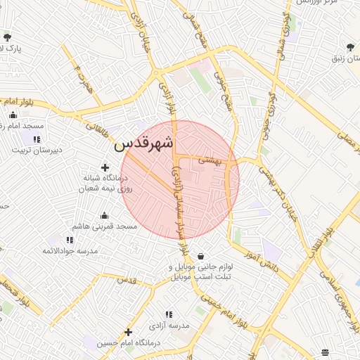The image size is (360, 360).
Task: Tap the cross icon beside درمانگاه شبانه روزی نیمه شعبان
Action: coord(105,167)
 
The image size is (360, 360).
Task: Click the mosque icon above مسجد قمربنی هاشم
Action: coord(105,215)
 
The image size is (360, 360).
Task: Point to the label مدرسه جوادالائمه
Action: coord(69,251)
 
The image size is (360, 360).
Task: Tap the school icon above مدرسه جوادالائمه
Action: coord(70,240)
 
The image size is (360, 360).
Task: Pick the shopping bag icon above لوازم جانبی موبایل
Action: coord(202,256)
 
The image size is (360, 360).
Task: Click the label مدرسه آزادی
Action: coord(169,326)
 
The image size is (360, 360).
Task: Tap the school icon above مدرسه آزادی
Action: coord(169,314)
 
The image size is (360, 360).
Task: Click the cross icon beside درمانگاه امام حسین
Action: coord(128,332)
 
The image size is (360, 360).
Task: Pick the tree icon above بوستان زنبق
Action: coord(350,48)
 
